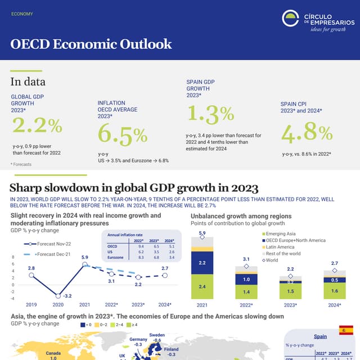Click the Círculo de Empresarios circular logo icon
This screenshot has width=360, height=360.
click(x=291, y=19)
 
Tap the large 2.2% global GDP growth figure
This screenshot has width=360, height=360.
click(x=37, y=125)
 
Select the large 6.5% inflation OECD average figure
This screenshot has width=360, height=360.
click(x=123, y=135)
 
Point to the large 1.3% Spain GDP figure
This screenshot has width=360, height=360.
click(x=210, y=114)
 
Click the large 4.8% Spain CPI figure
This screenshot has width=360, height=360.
click(x=306, y=133)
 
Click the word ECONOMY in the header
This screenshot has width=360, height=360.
click(x=22, y=14)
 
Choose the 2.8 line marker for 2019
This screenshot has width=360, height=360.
click(x=31, y=275)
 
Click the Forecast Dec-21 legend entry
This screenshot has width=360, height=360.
click(x=54, y=255)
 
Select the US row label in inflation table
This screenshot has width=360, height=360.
click(x=110, y=251)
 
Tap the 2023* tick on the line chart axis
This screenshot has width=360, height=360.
click(x=138, y=305)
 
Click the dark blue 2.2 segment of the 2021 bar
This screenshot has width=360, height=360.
click(x=202, y=263)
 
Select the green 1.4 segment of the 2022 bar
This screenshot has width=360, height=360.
click(x=246, y=292)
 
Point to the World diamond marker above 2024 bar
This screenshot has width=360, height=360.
click(x=335, y=271)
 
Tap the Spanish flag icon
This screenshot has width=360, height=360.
click(x=346, y=330)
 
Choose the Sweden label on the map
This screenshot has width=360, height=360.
click(x=157, y=335)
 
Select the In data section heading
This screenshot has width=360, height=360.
click(x=28, y=82)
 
